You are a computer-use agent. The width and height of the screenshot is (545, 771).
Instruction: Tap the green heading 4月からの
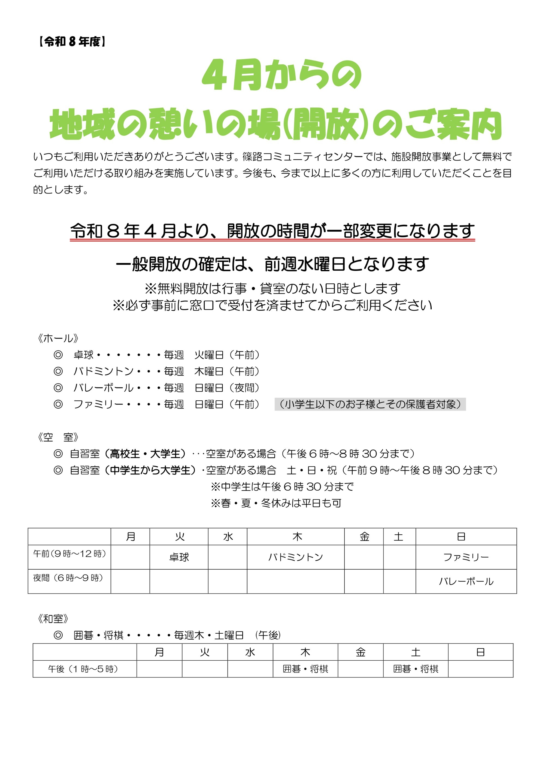point(281,75)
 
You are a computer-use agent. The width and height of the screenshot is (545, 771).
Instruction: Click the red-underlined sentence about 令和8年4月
point(272,231)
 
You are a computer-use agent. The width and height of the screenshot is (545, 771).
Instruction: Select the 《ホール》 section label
point(58,338)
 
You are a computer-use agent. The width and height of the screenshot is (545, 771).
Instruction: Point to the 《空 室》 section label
point(58,437)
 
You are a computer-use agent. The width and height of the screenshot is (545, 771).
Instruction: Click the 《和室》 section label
point(53,619)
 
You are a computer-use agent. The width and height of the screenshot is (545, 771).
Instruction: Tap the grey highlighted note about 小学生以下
point(370,404)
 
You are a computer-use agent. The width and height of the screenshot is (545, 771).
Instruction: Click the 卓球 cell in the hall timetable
point(179,557)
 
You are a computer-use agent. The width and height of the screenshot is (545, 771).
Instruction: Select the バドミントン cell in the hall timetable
point(295,557)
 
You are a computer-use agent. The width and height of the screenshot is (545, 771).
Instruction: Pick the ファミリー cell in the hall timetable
point(466,557)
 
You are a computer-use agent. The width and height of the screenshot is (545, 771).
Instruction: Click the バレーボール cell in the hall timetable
point(466,582)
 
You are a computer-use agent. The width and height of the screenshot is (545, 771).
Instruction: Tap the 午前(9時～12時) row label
point(69,554)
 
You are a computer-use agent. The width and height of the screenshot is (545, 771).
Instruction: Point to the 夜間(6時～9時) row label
point(68,578)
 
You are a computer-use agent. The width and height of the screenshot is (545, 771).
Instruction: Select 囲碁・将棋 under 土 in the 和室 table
point(416,669)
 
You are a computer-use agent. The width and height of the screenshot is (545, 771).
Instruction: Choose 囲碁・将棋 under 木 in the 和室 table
point(305,669)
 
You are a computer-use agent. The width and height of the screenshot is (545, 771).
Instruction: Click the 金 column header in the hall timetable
point(364,537)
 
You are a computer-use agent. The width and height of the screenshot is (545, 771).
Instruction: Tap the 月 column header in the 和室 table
point(159,652)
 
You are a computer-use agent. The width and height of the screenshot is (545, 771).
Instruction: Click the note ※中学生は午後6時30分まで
point(282,486)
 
